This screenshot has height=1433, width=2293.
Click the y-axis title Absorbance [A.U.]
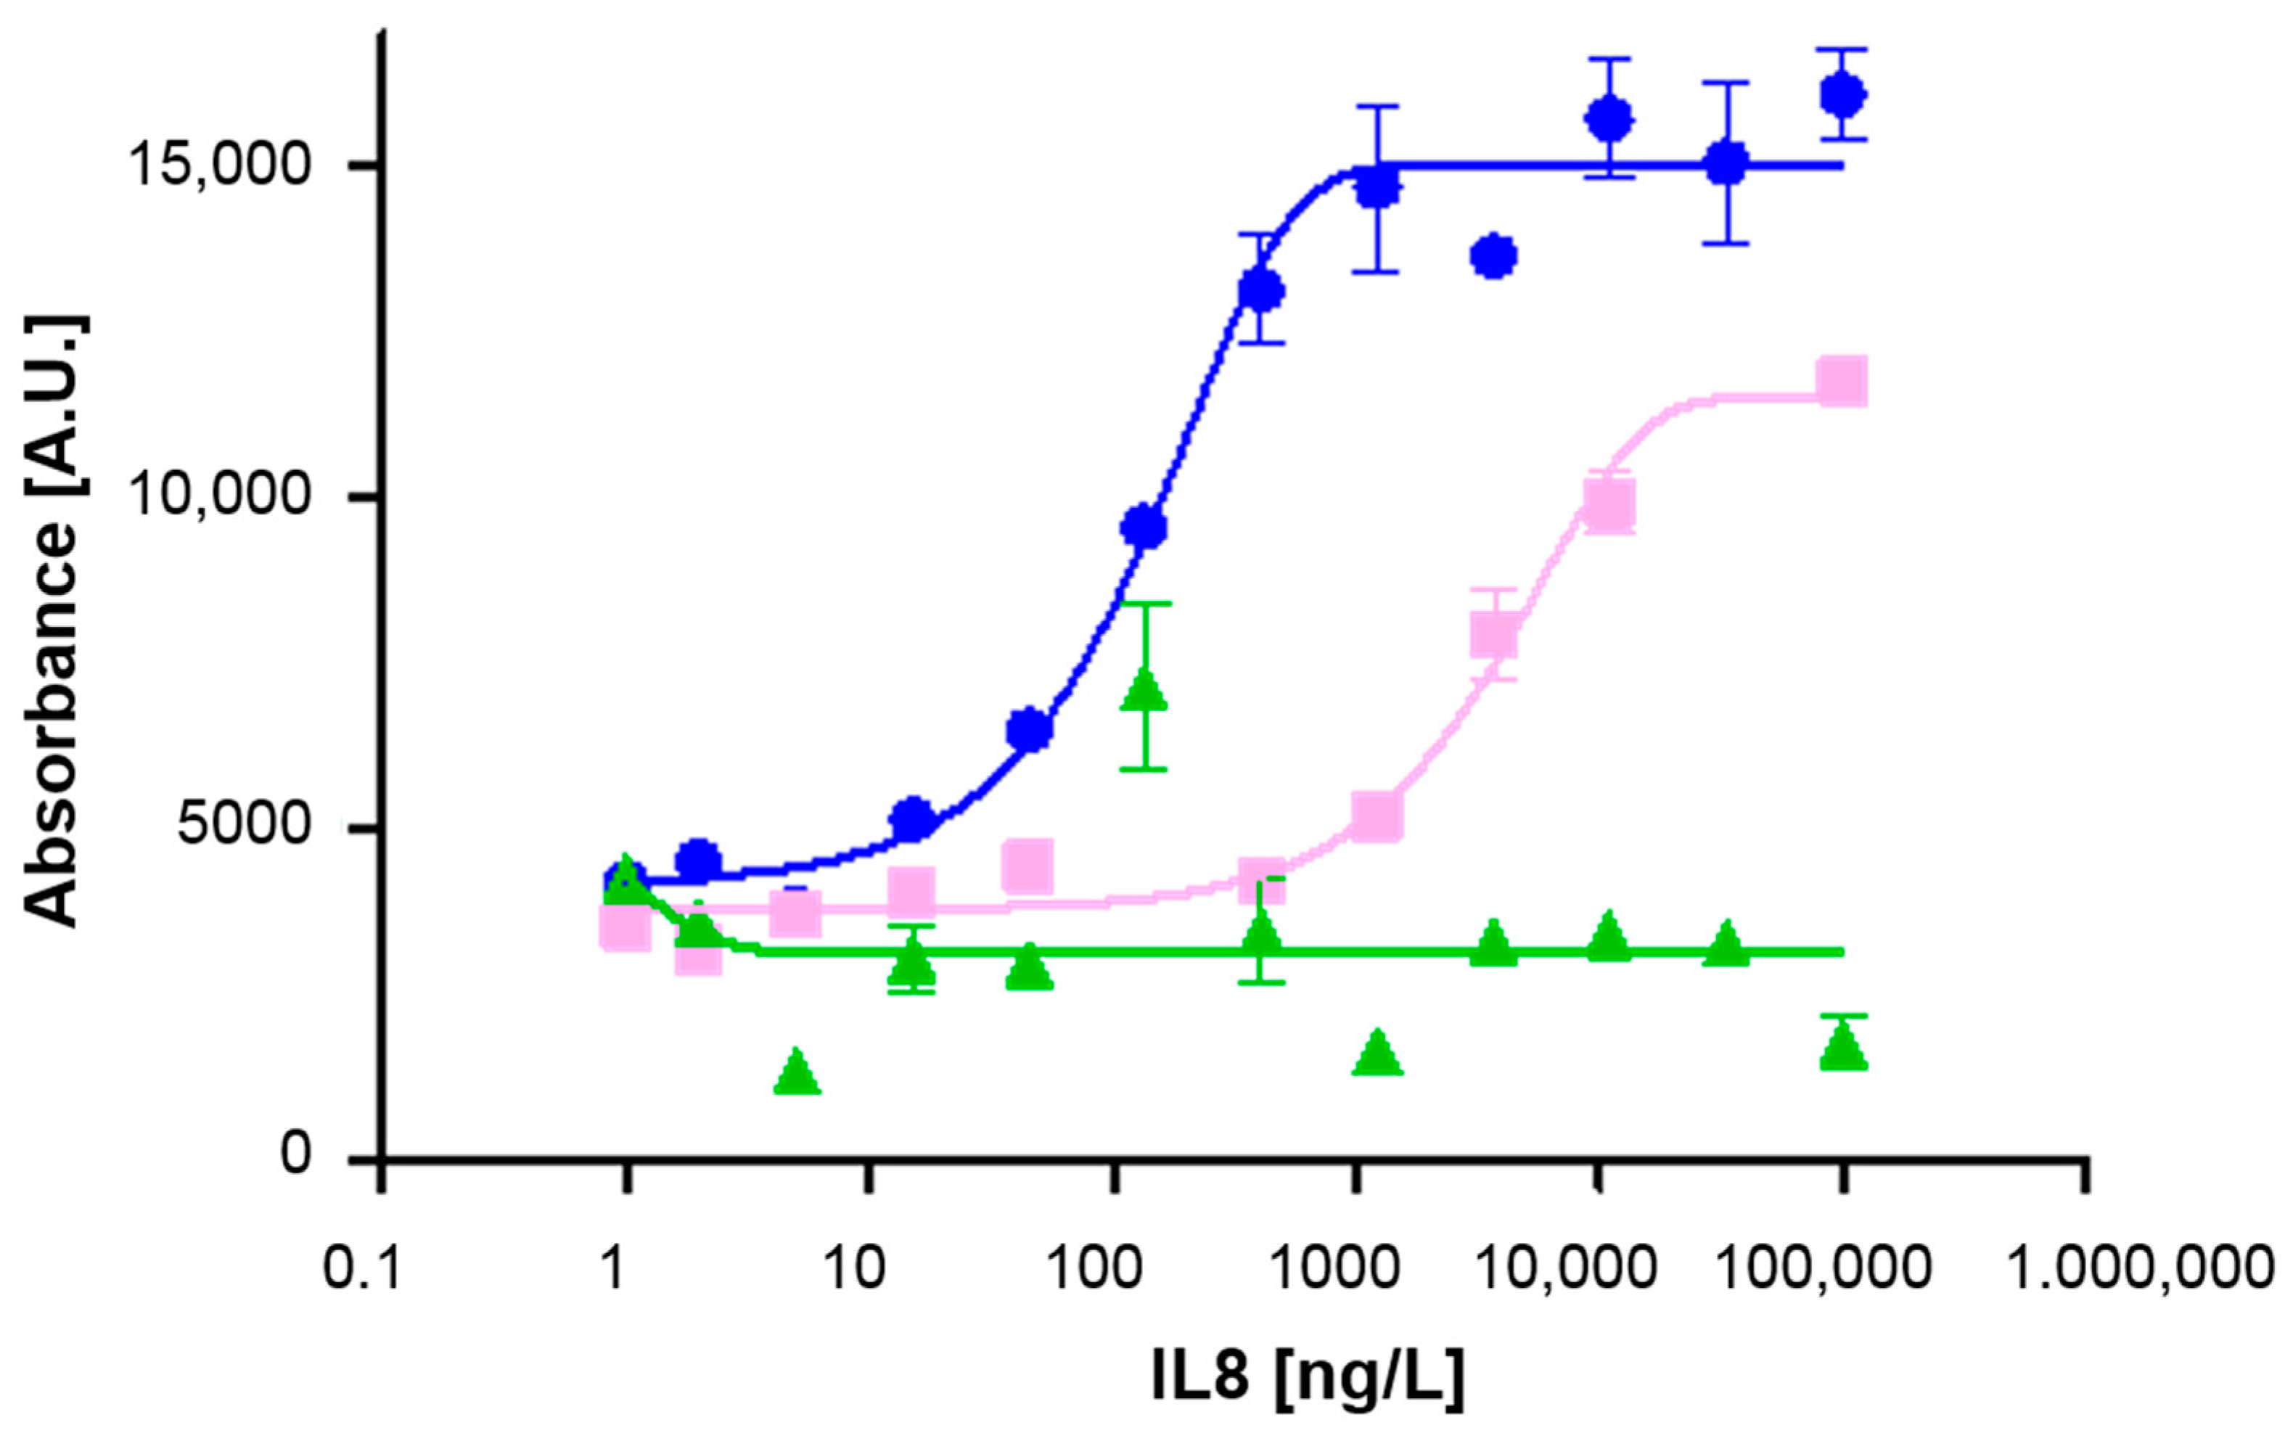[53, 621]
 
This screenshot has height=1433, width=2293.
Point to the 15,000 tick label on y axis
[221, 167]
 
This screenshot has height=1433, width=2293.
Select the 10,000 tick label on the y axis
[221, 496]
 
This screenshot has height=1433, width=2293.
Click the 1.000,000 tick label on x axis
[2139, 1267]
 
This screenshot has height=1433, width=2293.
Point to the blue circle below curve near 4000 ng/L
[1494, 256]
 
